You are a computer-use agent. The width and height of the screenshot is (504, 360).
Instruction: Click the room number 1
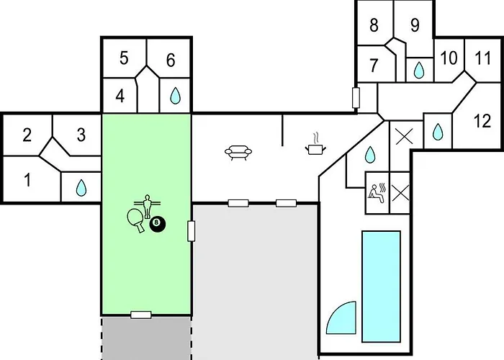27,179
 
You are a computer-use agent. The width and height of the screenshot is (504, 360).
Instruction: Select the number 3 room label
81,135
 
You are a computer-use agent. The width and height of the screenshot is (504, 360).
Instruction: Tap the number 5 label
124,58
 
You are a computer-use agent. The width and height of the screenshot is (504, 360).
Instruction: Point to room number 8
374,26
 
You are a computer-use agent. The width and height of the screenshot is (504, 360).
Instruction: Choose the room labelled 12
482,120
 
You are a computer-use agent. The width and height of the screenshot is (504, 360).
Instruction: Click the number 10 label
449,58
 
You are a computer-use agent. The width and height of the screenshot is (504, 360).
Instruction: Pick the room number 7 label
374,66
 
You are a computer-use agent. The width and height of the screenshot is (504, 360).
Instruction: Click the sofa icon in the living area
238,152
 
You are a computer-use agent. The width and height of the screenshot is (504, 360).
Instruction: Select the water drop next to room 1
81,188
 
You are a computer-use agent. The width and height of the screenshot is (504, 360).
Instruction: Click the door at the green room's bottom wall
140,315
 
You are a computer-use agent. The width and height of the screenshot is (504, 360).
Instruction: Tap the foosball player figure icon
148,206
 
